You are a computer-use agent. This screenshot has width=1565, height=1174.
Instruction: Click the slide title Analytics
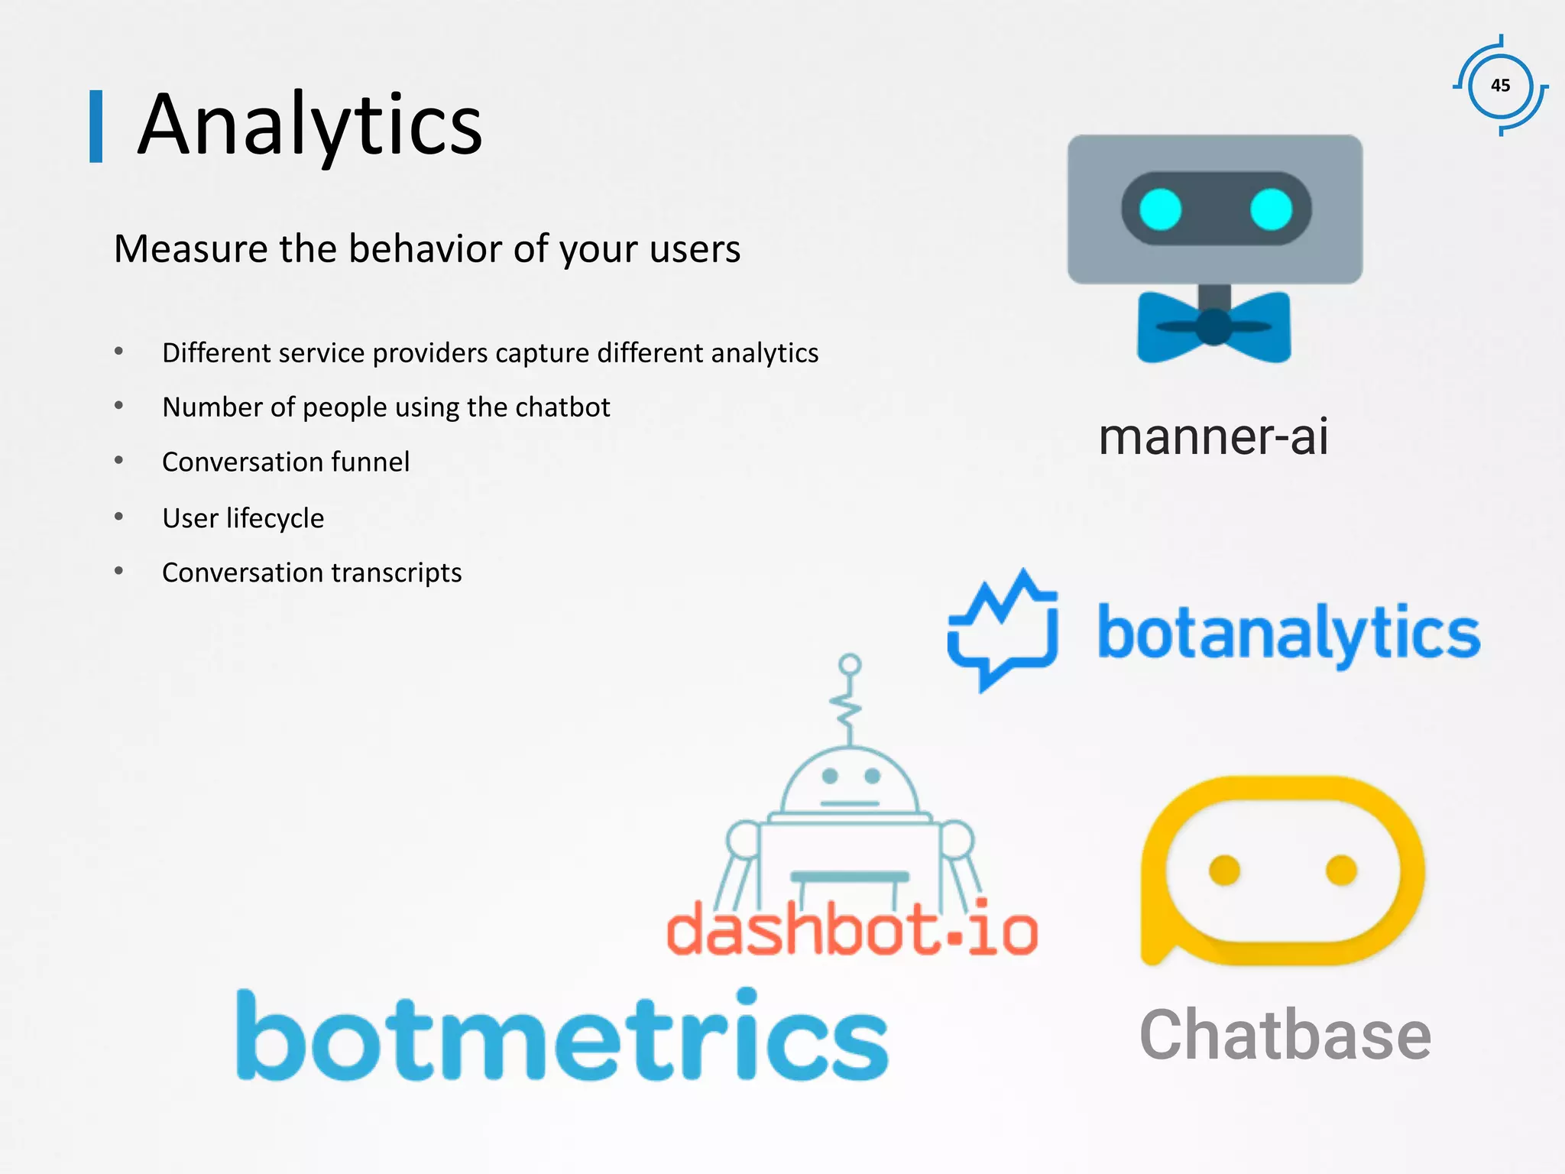[x=309, y=125]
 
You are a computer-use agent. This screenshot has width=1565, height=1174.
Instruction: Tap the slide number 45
[x=1500, y=86]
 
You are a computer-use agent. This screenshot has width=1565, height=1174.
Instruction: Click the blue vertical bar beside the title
[x=96, y=126]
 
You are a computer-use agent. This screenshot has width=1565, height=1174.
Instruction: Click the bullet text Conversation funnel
[x=286, y=462]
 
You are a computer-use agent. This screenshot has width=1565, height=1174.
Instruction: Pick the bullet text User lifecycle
[x=243, y=518]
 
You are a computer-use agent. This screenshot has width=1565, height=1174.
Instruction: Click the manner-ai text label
[x=1213, y=436]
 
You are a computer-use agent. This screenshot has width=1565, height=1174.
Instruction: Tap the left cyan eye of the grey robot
[x=1160, y=209]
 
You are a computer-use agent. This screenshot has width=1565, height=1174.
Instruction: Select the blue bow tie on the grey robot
[x=1213, y=327]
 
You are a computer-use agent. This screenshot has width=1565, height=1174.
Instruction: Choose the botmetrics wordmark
[x=562, y=1036]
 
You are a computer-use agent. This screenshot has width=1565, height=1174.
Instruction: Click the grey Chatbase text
[x=1285, y=1036]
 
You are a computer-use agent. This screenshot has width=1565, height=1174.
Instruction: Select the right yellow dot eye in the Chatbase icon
[x=1341, y=870]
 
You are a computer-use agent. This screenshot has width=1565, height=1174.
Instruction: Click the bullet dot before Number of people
[x=119, y=406]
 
